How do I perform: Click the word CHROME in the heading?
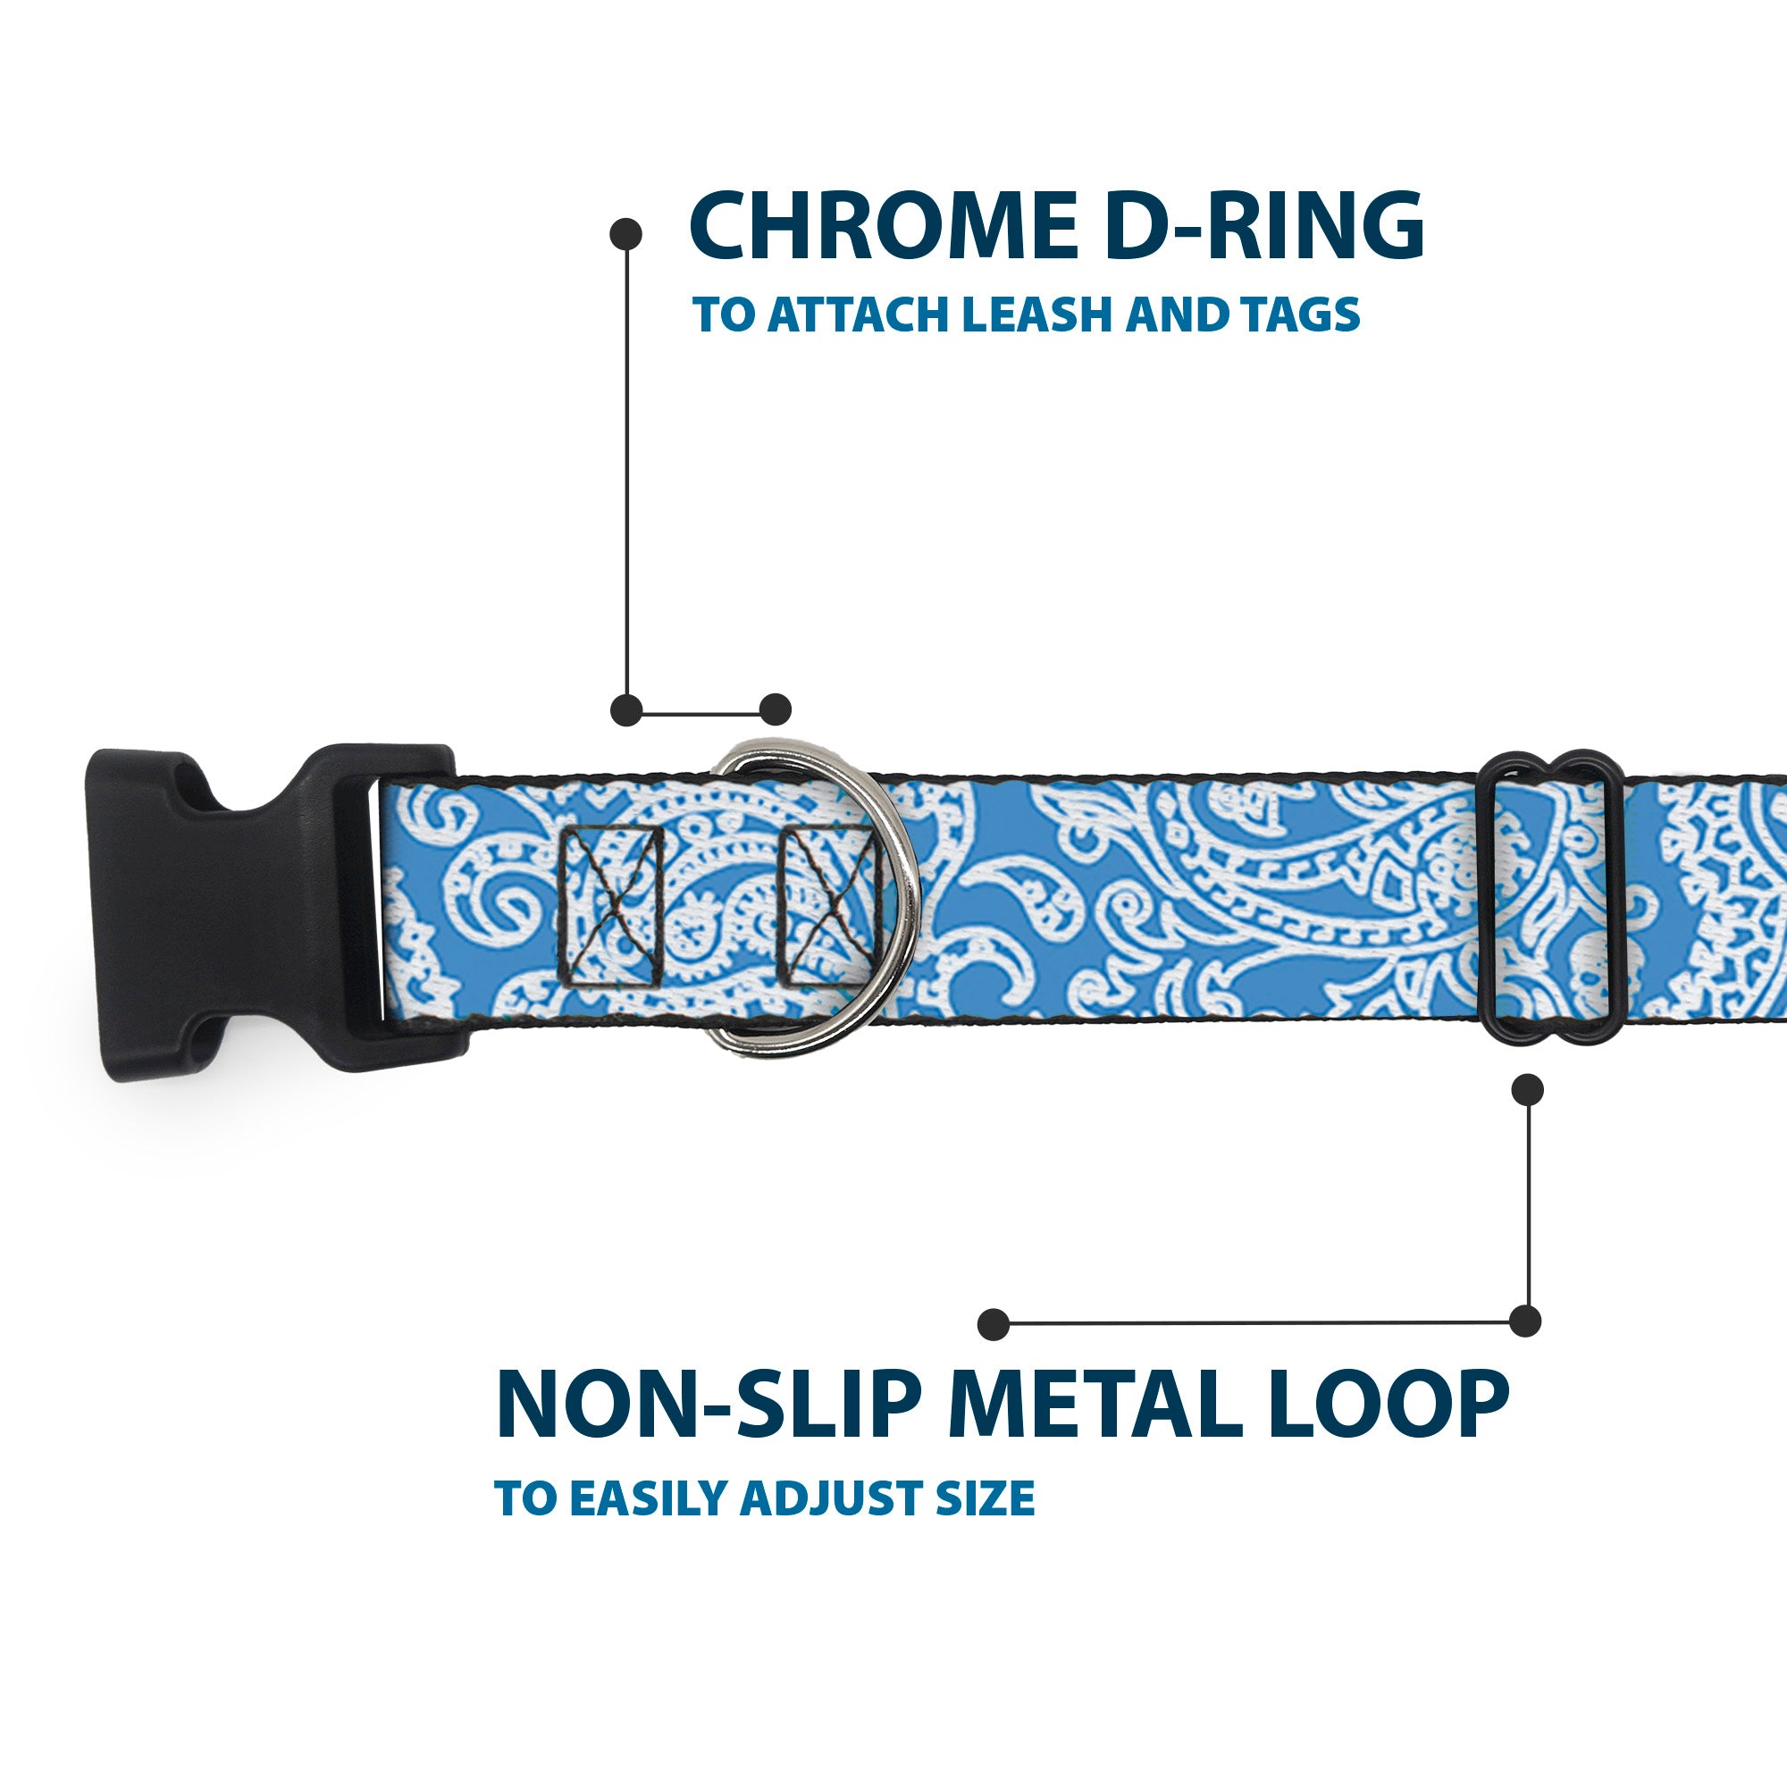pos(884,226)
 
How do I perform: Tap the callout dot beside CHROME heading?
pos(626,234)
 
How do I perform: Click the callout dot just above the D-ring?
pos(775,709)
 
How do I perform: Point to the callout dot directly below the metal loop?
pos(1527,1089)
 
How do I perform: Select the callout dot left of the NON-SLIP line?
pos(994,1323)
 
